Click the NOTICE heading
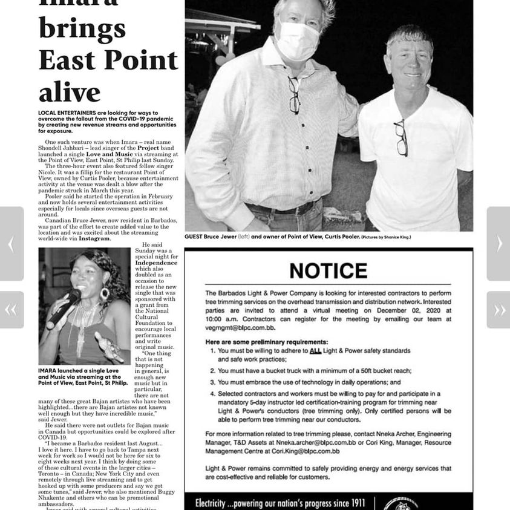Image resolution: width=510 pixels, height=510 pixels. [x=329, y=270]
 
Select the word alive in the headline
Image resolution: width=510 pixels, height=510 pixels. [x=70, y=91]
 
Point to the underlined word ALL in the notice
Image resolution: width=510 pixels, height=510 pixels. [x=315, y=351]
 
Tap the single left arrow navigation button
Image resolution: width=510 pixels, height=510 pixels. [x=11, y=244]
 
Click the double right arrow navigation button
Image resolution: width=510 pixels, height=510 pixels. [x=499, y=310]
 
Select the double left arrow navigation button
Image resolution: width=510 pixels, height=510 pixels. [x=11, y=310]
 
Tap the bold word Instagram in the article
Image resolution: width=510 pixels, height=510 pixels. [x=94, y=238]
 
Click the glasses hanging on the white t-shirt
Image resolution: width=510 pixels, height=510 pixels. [x=400, y=137]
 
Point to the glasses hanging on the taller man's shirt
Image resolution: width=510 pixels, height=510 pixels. [x=294, y=95]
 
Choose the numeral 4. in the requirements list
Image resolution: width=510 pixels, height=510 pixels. [x=212, y=394]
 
